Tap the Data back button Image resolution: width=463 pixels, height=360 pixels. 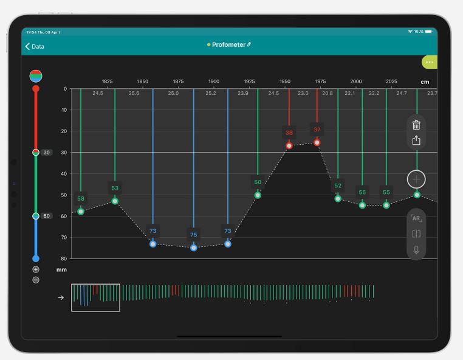pyautogui.click(x=34, y=46)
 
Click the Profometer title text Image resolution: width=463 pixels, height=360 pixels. pyautogui.click(x=228, y=45)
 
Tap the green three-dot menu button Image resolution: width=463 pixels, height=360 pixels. pyautogui.click(x=430, y=62)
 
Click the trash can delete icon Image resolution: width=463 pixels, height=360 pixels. pyautogui.click(x=416, y=125)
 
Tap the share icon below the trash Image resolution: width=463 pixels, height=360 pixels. pyautogui.click(x=416, y=140)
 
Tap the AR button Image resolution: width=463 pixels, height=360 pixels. pyautogui.click(x=416, y=218)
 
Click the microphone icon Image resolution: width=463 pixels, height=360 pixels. pyautogui.click(x=416, y=250)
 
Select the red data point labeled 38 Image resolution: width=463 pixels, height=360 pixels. pyautogui.click(x=289, y=145)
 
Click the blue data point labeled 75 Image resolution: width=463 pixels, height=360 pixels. pyautogui.click(x=194, y=247)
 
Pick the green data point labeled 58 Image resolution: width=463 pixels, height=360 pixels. pyautogui.click(x=81, y=212)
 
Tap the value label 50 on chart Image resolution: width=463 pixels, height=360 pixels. pyautogui.click(x=258, y=182)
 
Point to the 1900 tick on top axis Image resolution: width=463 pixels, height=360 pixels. pyautogui.click(x=214, y=81)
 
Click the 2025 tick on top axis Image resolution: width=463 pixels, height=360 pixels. pyautogui.click(x=392, y=81)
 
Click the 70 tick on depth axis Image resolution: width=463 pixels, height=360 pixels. pyautogui.click(x=64, y=237)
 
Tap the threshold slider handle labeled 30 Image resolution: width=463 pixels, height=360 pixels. pyautogui.click(x=36, y=153)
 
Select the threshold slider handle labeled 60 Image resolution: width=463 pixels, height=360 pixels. pyautogui.click(x=36, y=216)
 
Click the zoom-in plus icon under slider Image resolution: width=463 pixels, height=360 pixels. pyautogui.click(x=36, y=269)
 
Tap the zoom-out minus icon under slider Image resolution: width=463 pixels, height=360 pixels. pyautogui.click(x=36, y=280)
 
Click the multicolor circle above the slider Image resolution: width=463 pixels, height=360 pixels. pyautogui.click(x=36, y=76)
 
